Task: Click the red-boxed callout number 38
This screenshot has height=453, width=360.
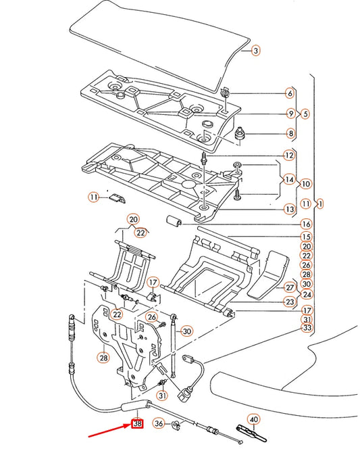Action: [137, 425]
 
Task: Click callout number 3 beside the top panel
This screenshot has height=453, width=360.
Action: [255, 51]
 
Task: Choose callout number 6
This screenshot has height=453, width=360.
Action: [290, 93]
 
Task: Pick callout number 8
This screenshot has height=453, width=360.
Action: [290, 134]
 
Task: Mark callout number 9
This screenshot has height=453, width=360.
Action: [290, 114]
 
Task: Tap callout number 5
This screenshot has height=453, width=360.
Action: [305, 114]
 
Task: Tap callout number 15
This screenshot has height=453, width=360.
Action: [306, 237]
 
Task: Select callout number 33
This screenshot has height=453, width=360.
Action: [307, 328]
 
